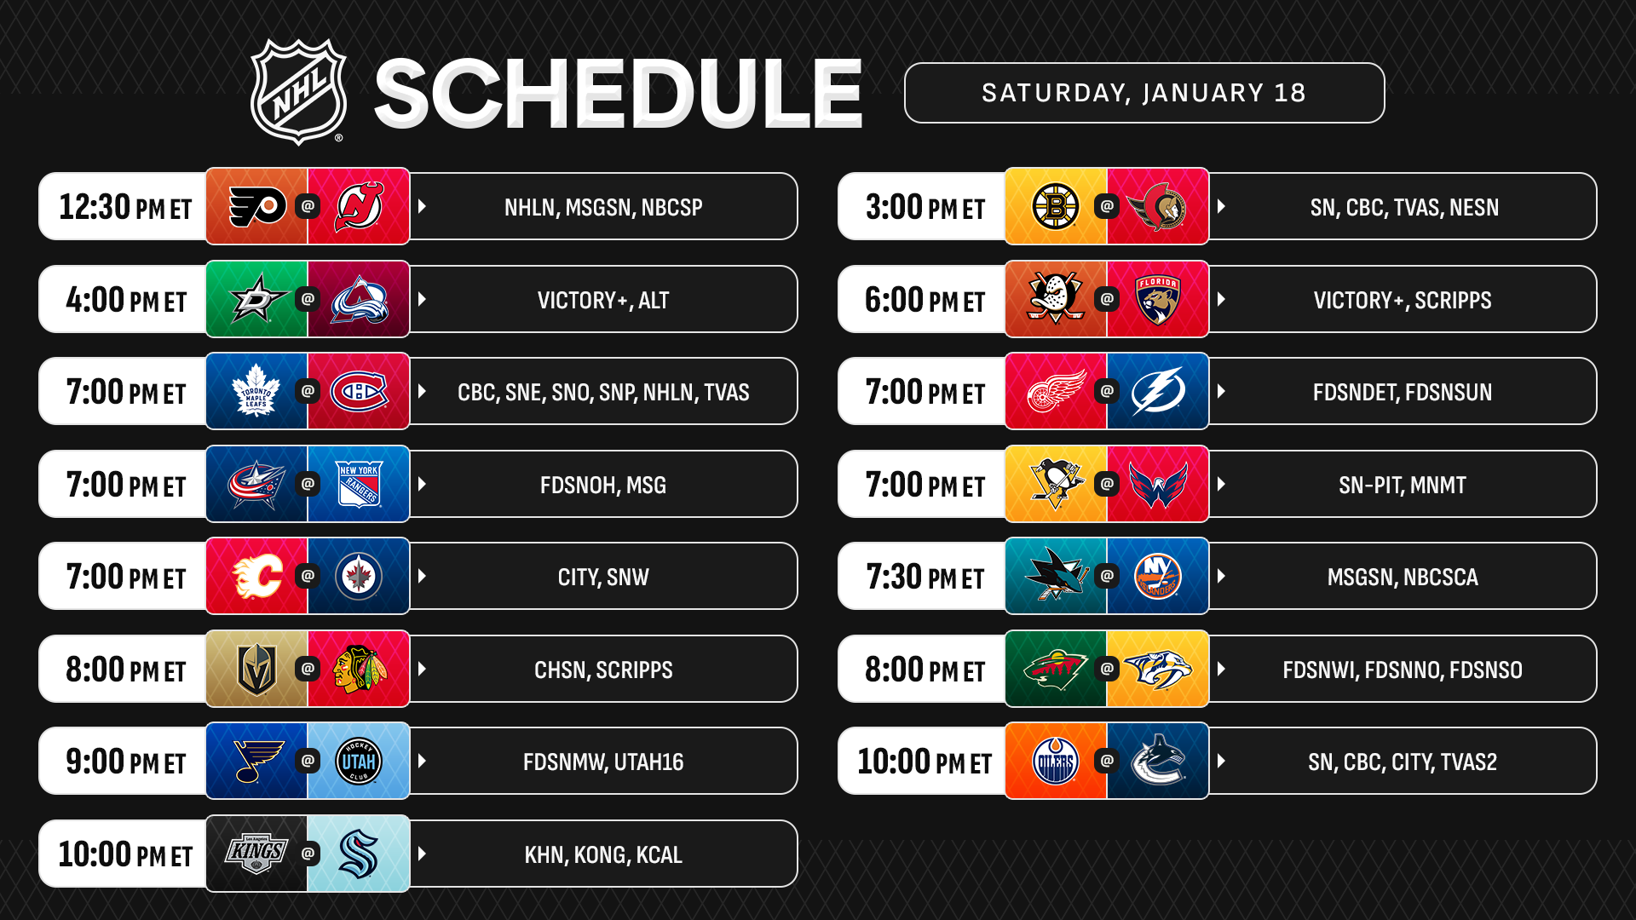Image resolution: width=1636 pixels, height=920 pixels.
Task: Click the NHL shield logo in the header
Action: (298, 92)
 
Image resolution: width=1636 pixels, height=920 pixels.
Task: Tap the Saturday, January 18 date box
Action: (1143, 93)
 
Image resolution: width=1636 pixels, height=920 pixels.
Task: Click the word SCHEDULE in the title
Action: (618, 94)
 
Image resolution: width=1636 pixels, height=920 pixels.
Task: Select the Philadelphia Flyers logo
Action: (257, 206)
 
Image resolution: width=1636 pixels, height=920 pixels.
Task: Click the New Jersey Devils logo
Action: (359, 206)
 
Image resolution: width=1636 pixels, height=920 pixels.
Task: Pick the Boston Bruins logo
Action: (1056, 206)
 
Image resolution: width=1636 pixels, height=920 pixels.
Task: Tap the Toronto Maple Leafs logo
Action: (256, 391)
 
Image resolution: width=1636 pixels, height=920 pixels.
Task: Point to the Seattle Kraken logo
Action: (359, 854)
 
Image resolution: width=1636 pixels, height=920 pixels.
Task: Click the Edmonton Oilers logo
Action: (1056, 761)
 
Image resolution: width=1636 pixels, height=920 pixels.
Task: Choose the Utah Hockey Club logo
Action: (359, 761)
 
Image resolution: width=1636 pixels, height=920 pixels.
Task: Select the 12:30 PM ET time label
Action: (125, 207)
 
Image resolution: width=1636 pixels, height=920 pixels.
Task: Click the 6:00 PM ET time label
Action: (925, 300)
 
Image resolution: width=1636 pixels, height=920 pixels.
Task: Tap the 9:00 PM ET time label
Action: (125, 762)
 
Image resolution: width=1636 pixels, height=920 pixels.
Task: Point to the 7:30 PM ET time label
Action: (925, 577)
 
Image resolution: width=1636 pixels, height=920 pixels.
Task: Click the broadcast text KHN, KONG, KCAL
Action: (603, 854)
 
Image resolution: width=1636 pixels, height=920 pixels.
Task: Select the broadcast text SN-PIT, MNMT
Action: (1403, 485)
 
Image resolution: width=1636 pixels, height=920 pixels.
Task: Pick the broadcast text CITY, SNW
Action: (603, 577)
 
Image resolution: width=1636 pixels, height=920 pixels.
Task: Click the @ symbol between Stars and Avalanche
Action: (308, 299)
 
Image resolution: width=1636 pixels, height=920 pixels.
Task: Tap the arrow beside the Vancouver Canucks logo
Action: (1221, 761)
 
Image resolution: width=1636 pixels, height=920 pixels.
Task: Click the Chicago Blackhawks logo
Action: (359, 669)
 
